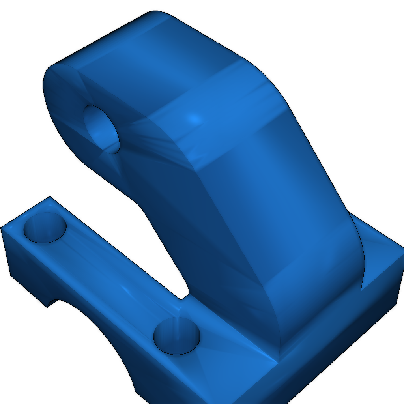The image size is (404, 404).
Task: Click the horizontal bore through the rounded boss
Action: pyautogui.click(x=102, y=129)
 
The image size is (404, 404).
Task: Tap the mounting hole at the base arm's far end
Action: pyautogui.click(x=45, y=228)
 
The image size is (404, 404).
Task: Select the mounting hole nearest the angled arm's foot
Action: pyautogui.click(x=177, y=337)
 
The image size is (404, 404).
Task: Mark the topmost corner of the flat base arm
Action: pyautogui.click(x=49, y=196)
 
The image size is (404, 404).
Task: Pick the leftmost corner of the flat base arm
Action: pyautogui.click(x=2, y=227)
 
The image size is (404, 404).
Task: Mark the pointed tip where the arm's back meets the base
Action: pyautogui.click(x=362, y=290)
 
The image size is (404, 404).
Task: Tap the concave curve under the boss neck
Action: pyautogui.click(x=136, y=203)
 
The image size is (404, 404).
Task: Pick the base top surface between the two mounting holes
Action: pyautogui.click(x=114, y=276)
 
